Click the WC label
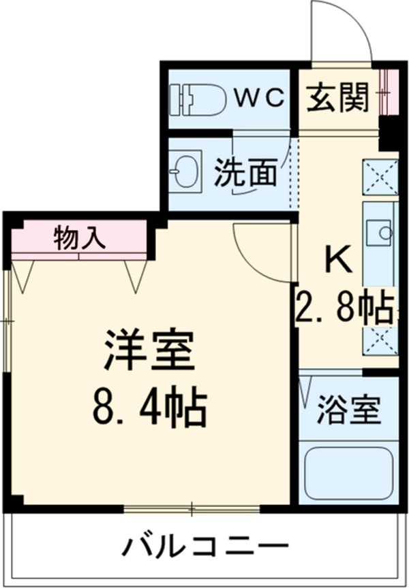click(x=260, y=99)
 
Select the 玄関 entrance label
click(x=337, y=99)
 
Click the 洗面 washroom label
click(x=246, y=173)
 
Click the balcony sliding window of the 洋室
click(x=192, y=508)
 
